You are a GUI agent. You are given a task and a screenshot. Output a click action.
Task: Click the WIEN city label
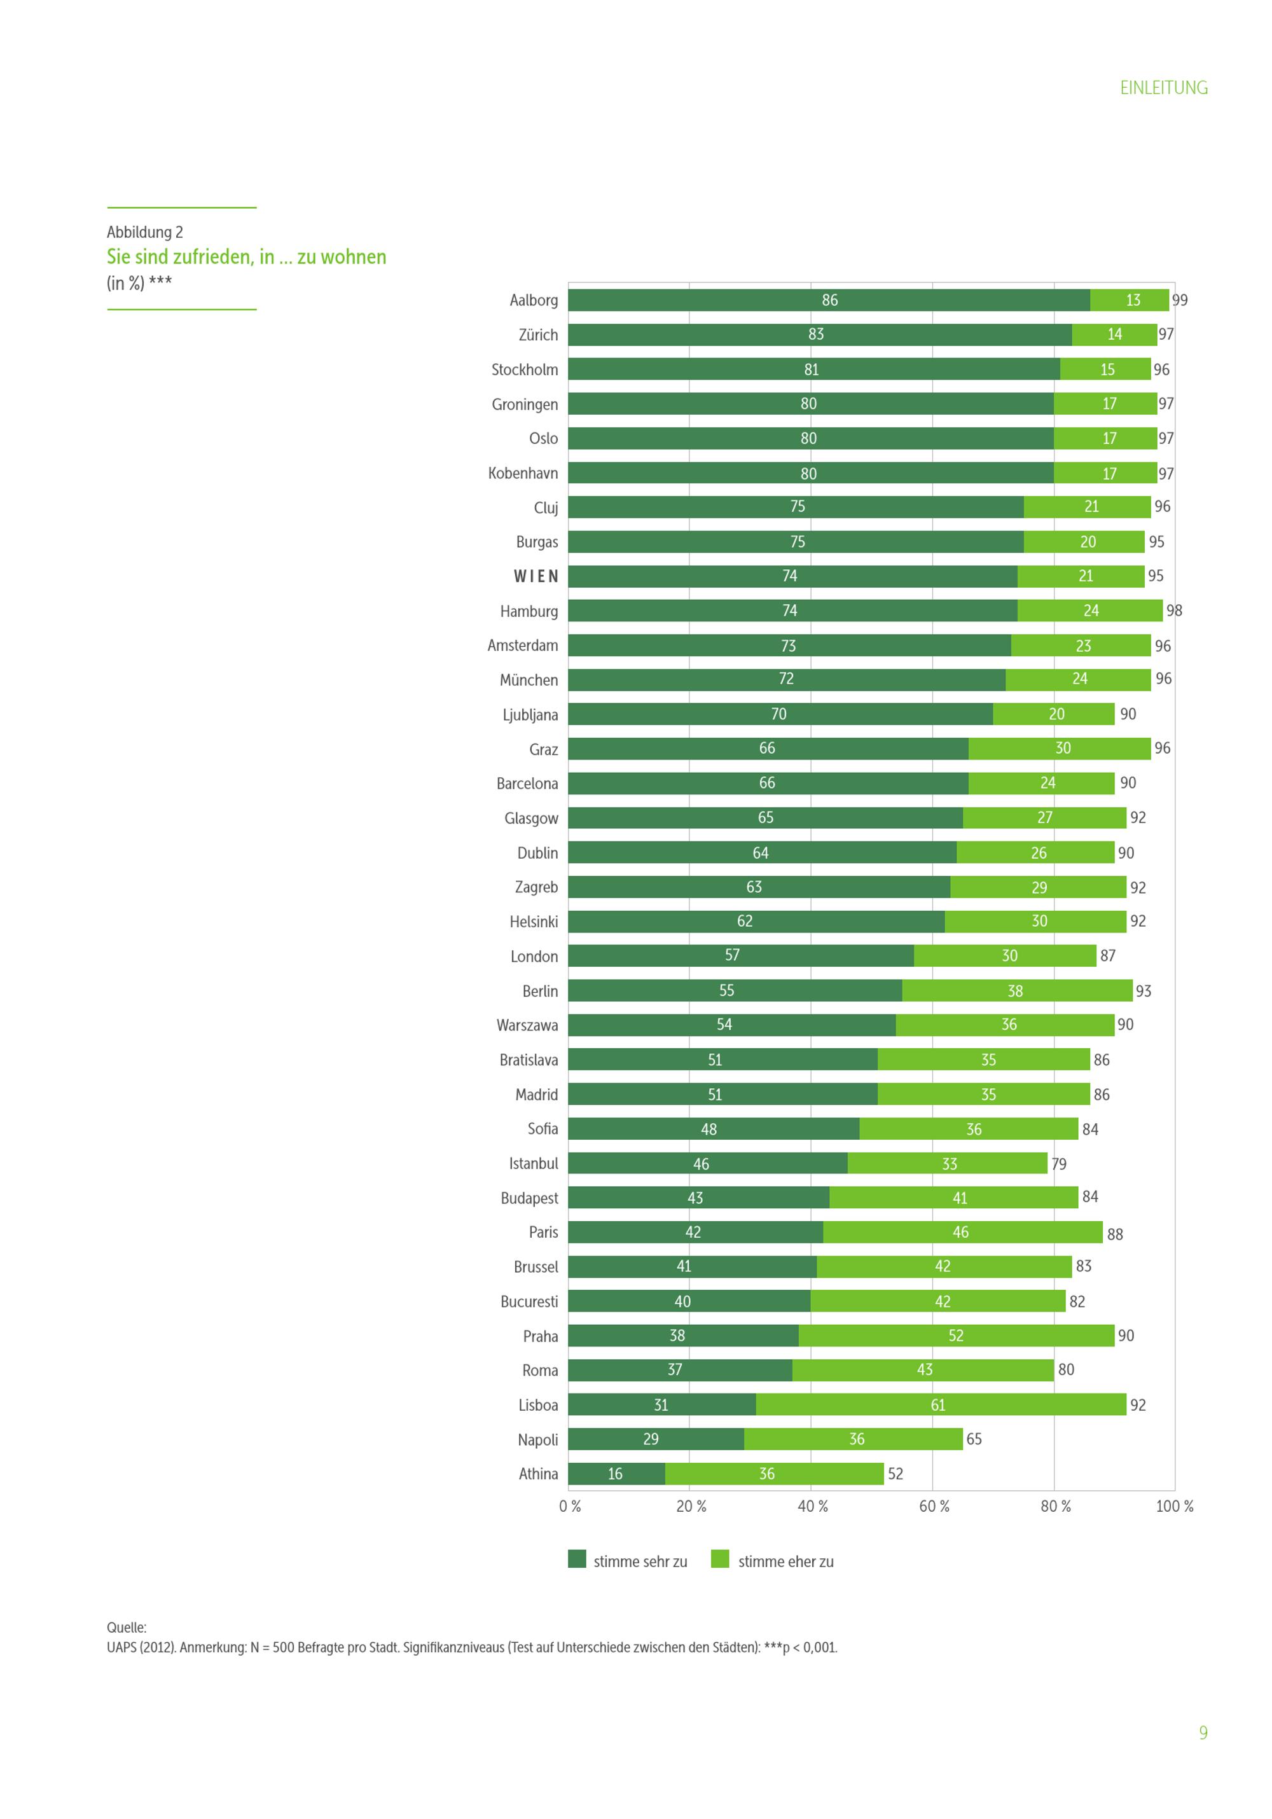coord(536,577)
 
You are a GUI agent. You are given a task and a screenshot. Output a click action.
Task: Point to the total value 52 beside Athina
coord(895,1474)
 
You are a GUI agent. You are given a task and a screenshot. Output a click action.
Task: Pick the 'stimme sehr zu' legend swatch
coord(577,1559)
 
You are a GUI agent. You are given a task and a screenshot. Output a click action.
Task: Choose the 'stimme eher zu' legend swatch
coord(720,1559)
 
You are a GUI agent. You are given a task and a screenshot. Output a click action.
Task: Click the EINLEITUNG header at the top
coord(1163,88)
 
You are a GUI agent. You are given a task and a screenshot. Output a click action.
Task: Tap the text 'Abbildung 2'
coord(145,232)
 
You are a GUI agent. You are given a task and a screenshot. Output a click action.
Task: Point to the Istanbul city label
coord(533,1163)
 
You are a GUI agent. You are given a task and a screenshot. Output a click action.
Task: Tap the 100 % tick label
coord(1174,1506)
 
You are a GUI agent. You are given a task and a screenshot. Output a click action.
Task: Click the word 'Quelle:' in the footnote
coord(127,1628)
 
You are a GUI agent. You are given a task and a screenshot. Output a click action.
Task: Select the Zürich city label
coord(538,335)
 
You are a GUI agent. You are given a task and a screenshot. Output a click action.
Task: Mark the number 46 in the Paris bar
coord(960,1232)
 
